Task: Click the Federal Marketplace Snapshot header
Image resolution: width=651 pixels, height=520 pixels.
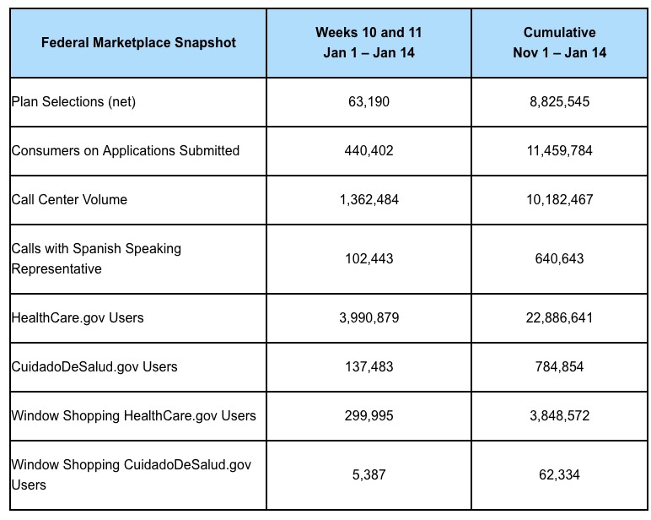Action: tap(138, 42)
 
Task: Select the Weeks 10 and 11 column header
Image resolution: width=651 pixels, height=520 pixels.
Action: tap(369, 42)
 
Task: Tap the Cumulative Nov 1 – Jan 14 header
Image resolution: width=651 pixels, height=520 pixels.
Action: tap(559, 42)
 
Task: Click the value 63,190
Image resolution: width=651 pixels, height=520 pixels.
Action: tap(369, 102)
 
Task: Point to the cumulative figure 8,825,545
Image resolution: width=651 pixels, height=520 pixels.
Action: tap(559, 102)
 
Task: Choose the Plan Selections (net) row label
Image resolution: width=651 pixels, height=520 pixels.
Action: tap(73, 102)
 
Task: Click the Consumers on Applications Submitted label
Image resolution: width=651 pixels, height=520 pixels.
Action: tap(126, 151)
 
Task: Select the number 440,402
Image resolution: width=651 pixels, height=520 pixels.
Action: tap(369, 151)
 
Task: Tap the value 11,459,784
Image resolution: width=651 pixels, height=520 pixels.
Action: tap(559, 151)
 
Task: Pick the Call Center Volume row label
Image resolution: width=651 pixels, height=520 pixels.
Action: tap(69, 200)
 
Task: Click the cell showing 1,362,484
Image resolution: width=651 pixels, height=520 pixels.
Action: tap(369, 200)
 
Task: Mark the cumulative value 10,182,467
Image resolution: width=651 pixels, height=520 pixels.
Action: tap(559, 200)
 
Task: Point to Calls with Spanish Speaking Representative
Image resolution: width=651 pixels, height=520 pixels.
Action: tap(96, 258)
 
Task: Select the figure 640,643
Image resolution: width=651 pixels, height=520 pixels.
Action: tap(559, 258)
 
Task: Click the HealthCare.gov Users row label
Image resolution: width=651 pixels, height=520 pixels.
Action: tap(78, 318)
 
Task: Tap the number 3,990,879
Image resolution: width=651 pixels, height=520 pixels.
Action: tap(369, 318)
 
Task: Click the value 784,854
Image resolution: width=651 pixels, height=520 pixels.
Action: tap(559, 367)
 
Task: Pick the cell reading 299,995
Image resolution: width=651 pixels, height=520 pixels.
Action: tap(369, 416)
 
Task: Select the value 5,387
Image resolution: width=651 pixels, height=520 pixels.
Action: tap(369, 475)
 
